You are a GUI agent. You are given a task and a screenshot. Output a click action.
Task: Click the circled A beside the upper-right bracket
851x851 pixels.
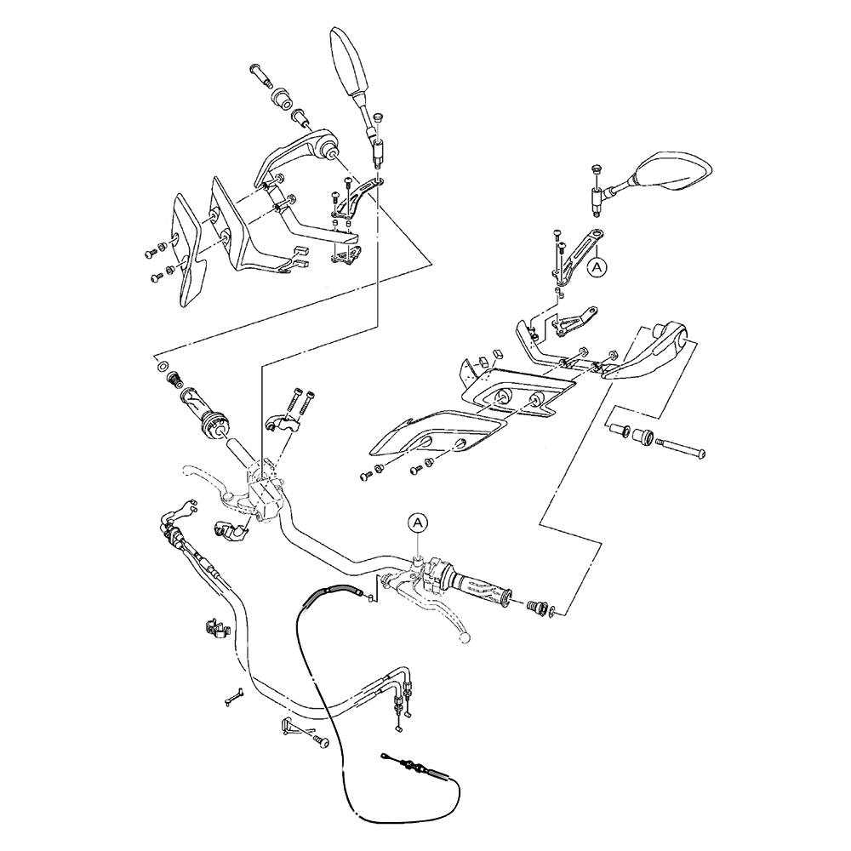(598, 266)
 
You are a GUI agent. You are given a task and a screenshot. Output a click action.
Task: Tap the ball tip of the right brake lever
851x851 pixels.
(465, 636)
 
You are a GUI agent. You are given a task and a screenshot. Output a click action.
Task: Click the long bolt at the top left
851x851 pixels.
(262, 75)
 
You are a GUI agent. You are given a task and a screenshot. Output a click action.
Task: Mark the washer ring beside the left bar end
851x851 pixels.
(162, 366)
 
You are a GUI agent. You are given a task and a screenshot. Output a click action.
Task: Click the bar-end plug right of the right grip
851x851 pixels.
(537, 606)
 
